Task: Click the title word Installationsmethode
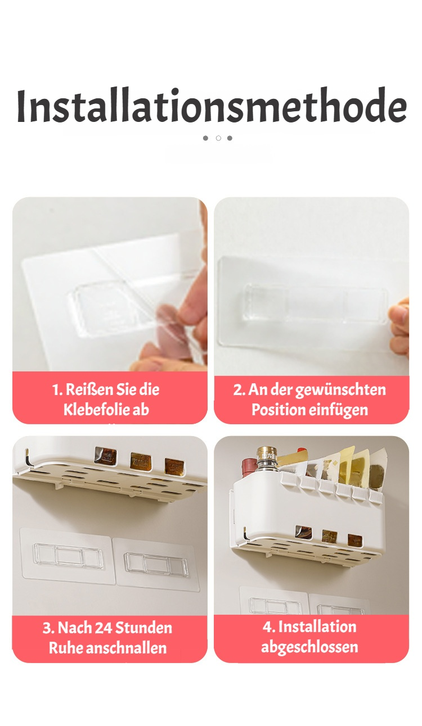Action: (x=212, y=105)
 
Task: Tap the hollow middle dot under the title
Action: (x=218, y=138)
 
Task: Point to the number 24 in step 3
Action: (x=104, y=628)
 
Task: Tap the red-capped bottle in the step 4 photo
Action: (x=250, y=468)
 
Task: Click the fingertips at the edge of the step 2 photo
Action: (x=399, y=328)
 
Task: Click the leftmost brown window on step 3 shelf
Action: (x=106, y=455)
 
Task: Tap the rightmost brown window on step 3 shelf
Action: (x=174, y=467)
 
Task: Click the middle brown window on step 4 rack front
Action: (x=329, y=537)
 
